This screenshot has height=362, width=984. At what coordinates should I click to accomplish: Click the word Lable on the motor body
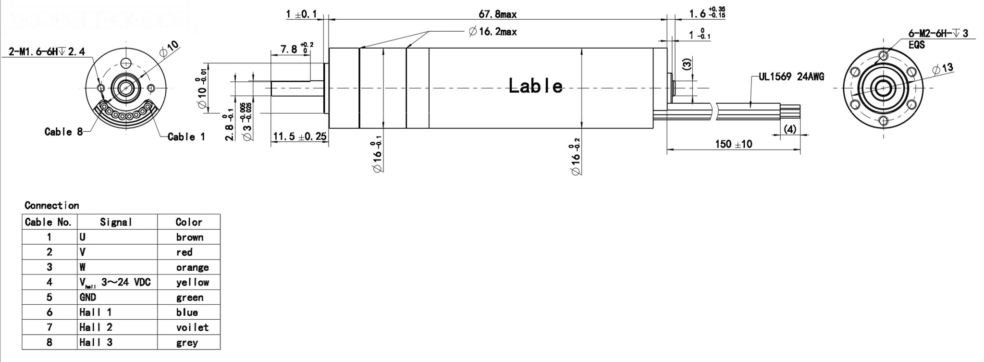tap(535, 87)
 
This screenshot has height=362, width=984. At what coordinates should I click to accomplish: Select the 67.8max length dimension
tap(497, 14)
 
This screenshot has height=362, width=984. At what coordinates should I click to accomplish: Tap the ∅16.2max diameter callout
tap(492, 32)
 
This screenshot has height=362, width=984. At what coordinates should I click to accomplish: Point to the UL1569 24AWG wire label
tap(791, 77)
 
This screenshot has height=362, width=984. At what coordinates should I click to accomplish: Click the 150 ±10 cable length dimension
tap(733, 144)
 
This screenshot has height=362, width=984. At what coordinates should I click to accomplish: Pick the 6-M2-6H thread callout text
tap(937, 34)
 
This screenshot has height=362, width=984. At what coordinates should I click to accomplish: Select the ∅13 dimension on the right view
tap(942, 69)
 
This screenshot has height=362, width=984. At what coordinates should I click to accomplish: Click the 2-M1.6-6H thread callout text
tap(47, 52)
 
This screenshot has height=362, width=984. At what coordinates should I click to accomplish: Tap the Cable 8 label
tap(63, 132)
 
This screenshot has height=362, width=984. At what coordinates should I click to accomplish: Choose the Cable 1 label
tap(186, 137)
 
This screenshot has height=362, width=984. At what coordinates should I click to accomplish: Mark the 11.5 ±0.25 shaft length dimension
tap(299, 137)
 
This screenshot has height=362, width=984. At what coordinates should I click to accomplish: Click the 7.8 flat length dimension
tap(290, 49)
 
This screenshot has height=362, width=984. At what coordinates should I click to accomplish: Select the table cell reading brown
tap(189, 237)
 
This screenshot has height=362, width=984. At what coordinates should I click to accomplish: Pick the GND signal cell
tap(88, 298)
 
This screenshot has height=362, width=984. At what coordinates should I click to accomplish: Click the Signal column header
tap(116, 222)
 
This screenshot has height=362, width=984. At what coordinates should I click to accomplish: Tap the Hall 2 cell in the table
tap(96, 327)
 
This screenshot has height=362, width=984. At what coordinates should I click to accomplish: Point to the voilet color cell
tap(192, 328)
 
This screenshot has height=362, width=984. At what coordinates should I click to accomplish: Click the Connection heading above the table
tap(52, 206)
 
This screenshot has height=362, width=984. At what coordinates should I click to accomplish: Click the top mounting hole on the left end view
tap(126, 63)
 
